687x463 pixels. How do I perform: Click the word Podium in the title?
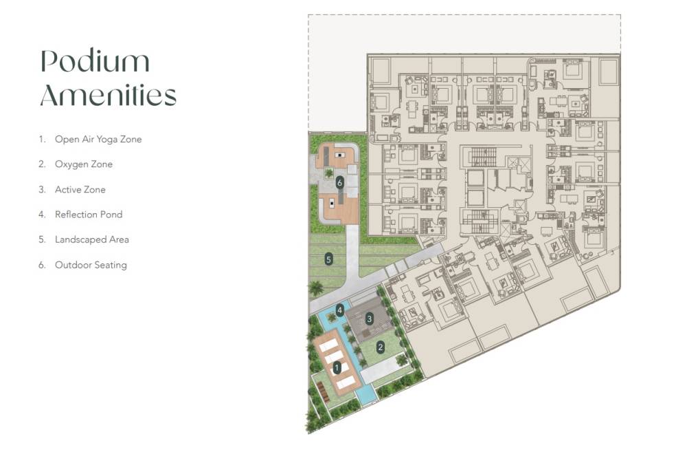pos(95,63)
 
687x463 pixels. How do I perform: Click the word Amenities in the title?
pos(108,95)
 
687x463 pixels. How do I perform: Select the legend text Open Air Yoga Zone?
pos(98,139)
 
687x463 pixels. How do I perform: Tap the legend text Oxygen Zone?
pos(84,164)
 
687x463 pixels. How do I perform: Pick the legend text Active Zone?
pos(80,189)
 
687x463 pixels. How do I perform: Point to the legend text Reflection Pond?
pos(89,215)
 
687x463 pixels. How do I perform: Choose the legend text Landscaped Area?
pos(92,239)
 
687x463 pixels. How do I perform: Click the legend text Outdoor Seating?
pos(91,265)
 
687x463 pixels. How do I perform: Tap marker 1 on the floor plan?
pos(337,368)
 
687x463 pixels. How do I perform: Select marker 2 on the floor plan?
pos(380,347)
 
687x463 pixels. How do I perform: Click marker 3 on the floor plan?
pos(369,319)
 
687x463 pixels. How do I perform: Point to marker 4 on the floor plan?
pos(339,310)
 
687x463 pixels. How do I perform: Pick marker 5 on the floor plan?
pos(329,259)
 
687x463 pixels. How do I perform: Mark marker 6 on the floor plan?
pos(339,183)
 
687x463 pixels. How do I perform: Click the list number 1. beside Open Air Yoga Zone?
pos(42,139)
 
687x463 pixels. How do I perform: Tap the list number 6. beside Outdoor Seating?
pos(42,265)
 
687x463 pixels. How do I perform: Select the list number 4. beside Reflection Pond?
pos(42,215)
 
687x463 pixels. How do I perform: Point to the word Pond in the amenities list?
pos(111,215)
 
